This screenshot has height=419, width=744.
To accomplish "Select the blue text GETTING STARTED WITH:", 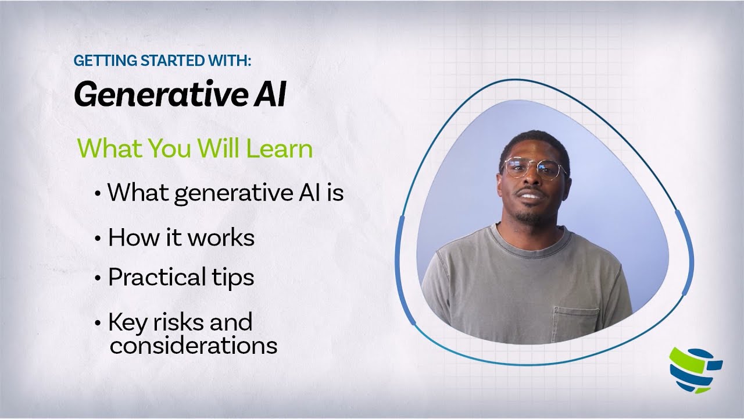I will pos(163,61).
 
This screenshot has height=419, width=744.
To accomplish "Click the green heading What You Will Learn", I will pos(195,149).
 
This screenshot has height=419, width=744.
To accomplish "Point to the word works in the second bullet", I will pos(224,238).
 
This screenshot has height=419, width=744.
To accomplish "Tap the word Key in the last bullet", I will pos(126,322).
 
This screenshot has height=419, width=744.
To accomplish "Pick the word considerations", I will pos(193,346).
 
